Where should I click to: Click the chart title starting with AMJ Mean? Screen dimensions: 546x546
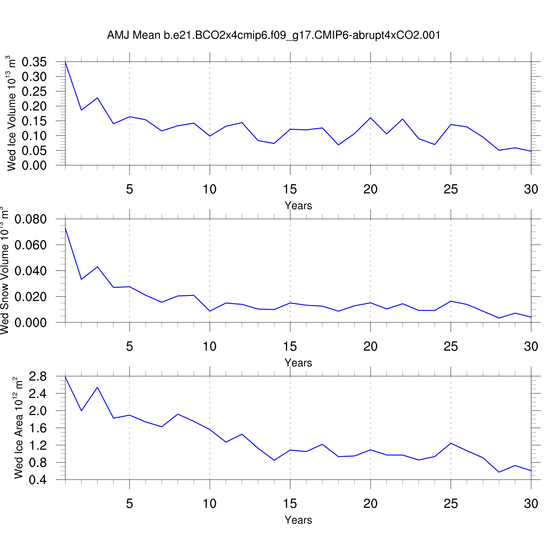pyautogui.click(x=273, y=35)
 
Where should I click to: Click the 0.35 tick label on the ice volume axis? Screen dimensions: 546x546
pyautogui.click(x=34, y=62)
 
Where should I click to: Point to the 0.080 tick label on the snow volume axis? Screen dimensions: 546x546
pyautogui.click(x=31, y=219)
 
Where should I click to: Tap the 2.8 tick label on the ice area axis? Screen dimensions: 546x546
pyautogui.click(x=38, y=377)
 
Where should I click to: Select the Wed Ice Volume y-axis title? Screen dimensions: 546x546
pyautogui.click(x=12, y=113)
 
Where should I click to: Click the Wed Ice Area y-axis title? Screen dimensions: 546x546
pyautogui.click(x=19, y=428)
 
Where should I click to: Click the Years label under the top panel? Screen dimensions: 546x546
pyautogui.click(x=298, y=206)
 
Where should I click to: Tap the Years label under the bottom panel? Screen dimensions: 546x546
pyautogui.click(x=298, y=520)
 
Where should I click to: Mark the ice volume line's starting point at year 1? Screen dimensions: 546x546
pyautogui.click(x=66, y=63)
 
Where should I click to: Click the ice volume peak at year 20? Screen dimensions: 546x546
pyautogui.click(x=371, y=118)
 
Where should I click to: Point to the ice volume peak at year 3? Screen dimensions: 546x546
pyautogui.click(x=98, y=98)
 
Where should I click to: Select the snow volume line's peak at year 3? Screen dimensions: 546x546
pyautogui.click(x=98, y=267)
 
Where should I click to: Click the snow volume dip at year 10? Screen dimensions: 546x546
pyautogui.click(x=210, y=311)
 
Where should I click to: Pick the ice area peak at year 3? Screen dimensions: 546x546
pyautogui.click(x=98, y=387)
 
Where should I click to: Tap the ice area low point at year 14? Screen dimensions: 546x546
pyautogui.click(x=274, y=460)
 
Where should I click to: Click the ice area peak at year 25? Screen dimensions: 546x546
pyautogui.click(x=451, y=443)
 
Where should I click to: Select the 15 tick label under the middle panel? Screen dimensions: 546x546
pyautogui.click(x=290, y=347)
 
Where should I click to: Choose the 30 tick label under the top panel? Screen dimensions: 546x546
pyautogui.click(x=531, y=189)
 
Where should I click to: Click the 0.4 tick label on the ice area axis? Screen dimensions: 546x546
pyautogui.click(x=38, y=480)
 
